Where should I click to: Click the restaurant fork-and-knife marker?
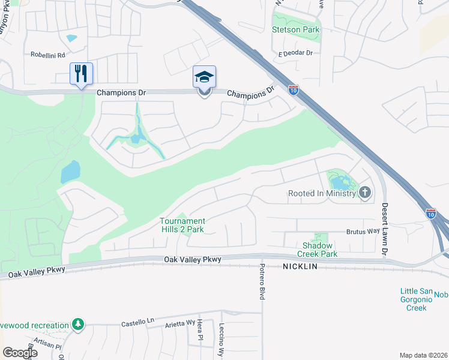coord(81,73)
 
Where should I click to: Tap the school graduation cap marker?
coord(204,77)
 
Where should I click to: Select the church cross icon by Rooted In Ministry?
coord(365,193)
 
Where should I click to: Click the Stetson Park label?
coord(295,29)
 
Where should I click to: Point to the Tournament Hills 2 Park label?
coord(182,225)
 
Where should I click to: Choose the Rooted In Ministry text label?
coord(322,193)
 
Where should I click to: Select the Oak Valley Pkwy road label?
coord(193,259)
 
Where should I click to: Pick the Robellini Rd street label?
coord(48,54)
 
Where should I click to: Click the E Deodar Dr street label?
coord(295,53)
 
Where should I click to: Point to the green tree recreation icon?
coord(77,325)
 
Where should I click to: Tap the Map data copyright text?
coord(423,355)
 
